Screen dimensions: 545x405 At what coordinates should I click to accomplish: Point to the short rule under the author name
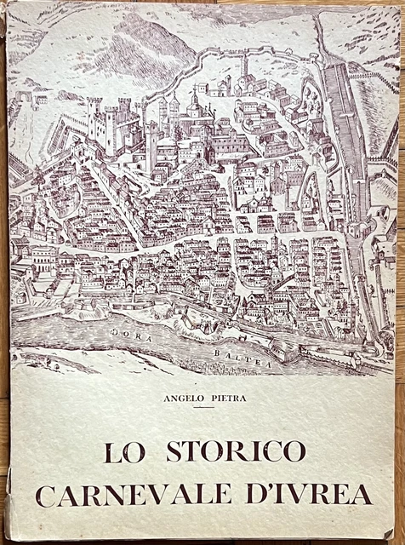click(x=202, y=408)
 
